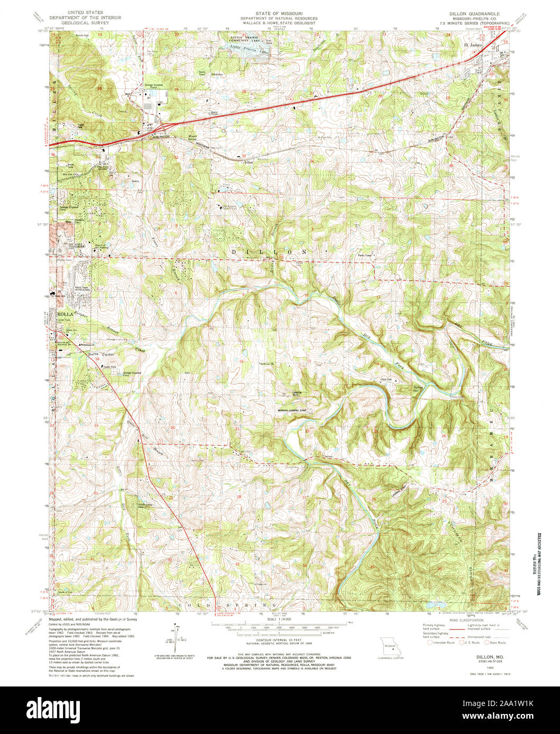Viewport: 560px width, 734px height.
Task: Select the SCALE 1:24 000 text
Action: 280,619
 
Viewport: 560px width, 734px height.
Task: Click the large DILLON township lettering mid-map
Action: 270,252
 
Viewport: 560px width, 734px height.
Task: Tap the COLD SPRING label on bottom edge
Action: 227,604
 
